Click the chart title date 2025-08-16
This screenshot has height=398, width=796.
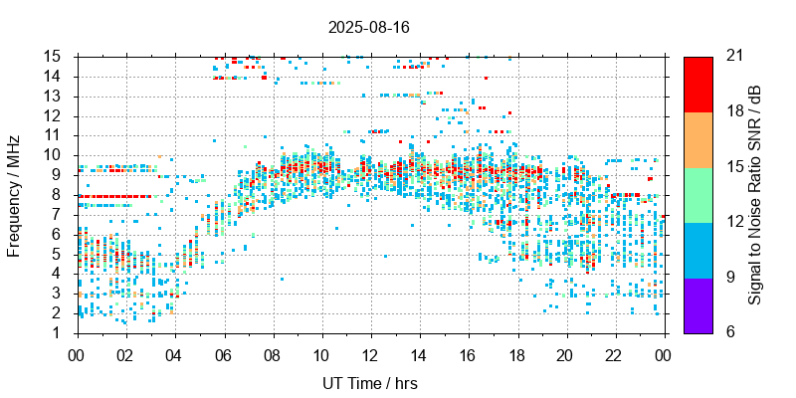[x=368, y=28]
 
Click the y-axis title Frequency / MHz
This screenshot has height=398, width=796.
[x=14, y=194]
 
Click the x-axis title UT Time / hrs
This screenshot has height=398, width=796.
[x=370, y=383]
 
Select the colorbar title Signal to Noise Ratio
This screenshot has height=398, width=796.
[x=755, y=194]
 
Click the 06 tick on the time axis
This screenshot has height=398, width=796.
[x=223, y=353]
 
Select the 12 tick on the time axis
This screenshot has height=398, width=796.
[x=370, y=353]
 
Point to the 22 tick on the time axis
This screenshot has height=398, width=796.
[x=615, y=353]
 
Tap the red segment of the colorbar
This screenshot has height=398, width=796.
[x=697, y=84]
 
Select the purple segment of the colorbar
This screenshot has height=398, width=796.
[x=697, y=304]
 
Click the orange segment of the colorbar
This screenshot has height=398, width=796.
[x=697, y=138]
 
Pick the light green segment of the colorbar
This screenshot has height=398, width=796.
[x=697, y=194]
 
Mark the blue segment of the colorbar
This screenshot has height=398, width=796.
[x=697, y=249]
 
